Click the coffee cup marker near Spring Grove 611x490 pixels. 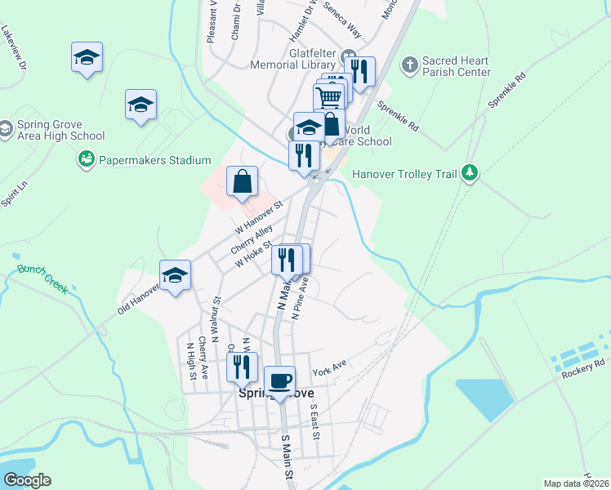pyautogui.click(x=279, y=381)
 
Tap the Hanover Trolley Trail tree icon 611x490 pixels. pyautogui.click(x=469, y=172)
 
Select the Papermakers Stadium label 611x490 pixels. pyautogui.click(x=154, y=161)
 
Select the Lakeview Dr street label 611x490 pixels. pyautogui.click(x=16, y=50)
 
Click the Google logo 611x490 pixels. pyautogui.click(x=26, y=480)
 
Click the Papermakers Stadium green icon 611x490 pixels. pyautogui.click(x=86, y=160)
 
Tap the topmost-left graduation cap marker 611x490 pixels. pyautogui.click(x=87, y=57)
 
